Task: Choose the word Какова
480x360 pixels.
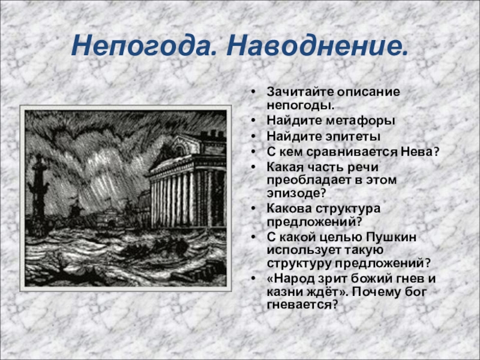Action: pos(288,208)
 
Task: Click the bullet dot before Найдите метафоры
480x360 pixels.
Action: pos(255,121)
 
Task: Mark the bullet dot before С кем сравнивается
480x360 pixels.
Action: pos(255,152)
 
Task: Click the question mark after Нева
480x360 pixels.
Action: pos(437,151)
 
